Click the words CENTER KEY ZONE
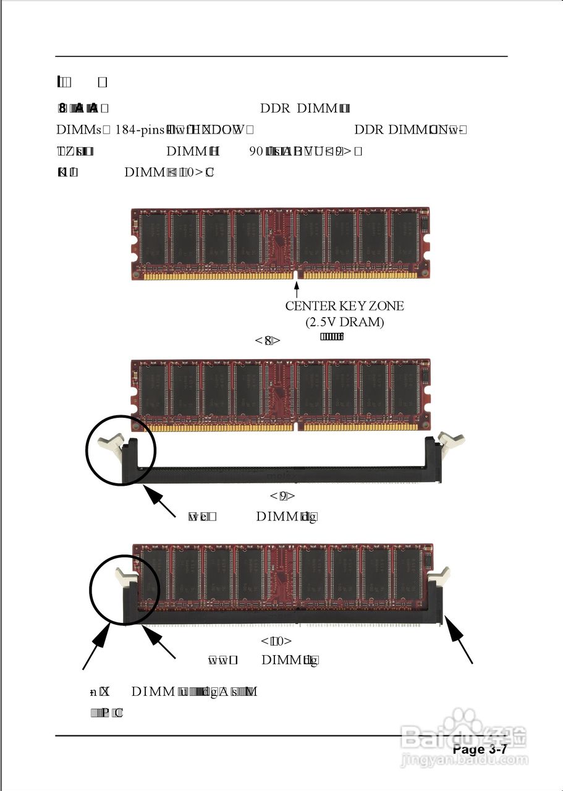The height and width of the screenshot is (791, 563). coord(344,306)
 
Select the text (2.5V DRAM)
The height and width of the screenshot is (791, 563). coord(344,323)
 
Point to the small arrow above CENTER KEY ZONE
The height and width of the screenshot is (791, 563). coord(297,288)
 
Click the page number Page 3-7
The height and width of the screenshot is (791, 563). coord(480,750)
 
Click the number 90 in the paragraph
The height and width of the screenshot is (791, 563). coord(256,151)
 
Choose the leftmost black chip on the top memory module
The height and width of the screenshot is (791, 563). coord(152,239)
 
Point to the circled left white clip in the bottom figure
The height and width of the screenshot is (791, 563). coord(127,577)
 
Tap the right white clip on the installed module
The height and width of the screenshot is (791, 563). coord(439,577)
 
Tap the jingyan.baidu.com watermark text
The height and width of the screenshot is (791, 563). coord(464,759)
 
